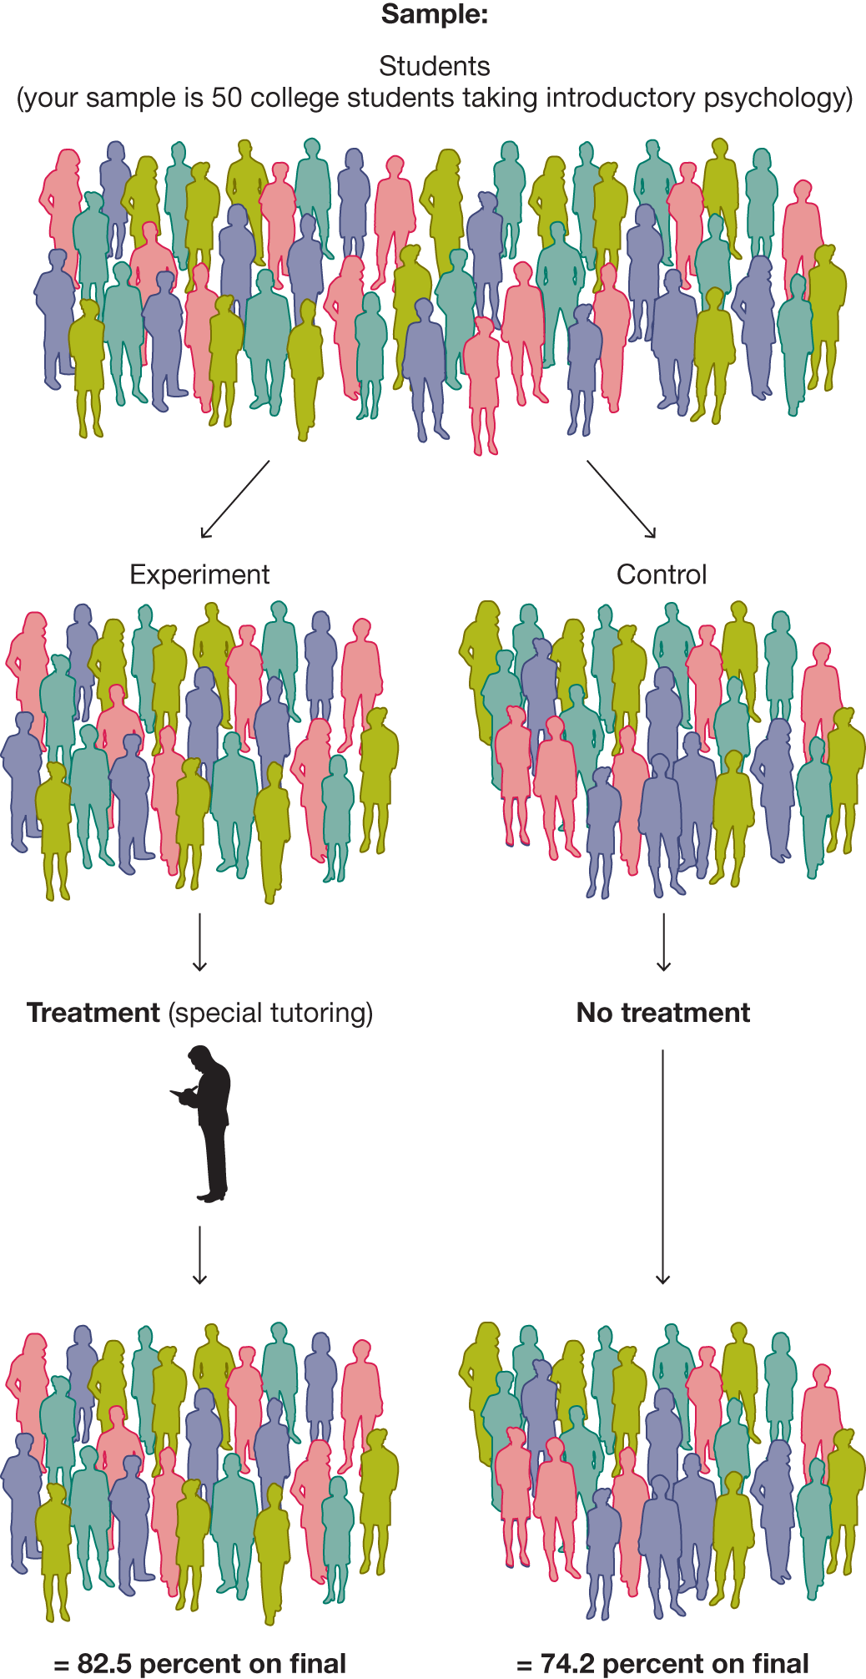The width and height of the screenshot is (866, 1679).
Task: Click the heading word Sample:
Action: click(434, 14)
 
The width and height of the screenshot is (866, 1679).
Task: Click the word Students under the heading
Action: click(434, 66)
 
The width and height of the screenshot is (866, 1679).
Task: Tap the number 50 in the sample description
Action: click(226, 98)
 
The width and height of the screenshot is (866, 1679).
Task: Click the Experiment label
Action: click(199, 574)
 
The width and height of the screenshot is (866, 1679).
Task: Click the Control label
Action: click(662, 574)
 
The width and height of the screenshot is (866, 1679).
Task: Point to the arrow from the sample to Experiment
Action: click(235, 498)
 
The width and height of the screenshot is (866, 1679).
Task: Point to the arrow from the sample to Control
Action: click(622, 498)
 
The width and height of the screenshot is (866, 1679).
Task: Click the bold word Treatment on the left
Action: click(93, 1013)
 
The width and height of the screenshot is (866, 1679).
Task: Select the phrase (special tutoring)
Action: click(270, 1013)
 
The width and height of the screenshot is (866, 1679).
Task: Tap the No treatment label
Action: click(663, 1013)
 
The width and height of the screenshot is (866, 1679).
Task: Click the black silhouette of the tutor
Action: click(209, 1127)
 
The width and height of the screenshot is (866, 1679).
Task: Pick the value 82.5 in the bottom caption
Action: click(104, 1663)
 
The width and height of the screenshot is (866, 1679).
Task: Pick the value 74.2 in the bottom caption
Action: click(567, 1663)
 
